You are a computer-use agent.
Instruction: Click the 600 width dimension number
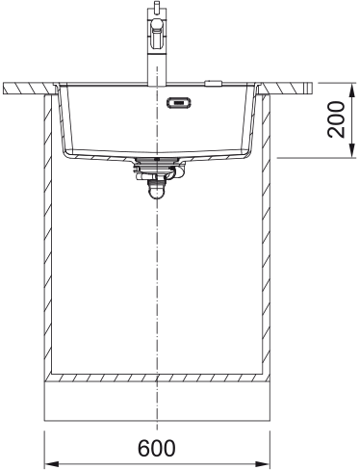[157, 448]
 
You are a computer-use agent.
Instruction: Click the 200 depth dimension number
[336, 119]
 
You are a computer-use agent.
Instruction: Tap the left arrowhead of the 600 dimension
[51, 464]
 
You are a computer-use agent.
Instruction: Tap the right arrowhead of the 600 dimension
[262, 464]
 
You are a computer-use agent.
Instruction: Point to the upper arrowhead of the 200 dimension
[352, 91]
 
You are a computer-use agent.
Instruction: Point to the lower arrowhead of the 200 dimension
[352, 150]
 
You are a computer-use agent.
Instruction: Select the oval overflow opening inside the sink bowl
[179, 103]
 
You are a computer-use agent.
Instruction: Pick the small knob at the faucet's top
[156, 6]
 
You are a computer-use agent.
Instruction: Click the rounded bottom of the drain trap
[157, 193]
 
